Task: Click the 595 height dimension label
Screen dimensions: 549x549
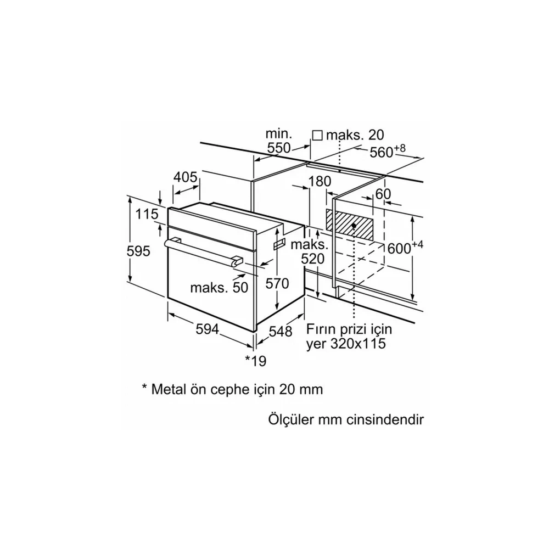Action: (x=138, y=251)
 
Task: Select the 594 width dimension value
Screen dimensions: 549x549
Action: (x=208, y=329)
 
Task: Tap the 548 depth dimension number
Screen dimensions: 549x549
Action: (x=280, y=331)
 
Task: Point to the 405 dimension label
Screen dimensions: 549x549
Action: (x=186, y=177)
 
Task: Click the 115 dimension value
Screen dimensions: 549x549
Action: (x=147, y=214)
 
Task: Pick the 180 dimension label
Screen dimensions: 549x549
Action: (x=320, y=181)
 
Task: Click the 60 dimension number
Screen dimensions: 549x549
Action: (x=383, y=194)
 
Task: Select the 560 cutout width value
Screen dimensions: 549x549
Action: (x=382, y=152)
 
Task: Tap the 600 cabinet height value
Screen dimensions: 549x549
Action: (x=400, y=249)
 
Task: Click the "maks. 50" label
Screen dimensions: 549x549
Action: (x=219, y=288)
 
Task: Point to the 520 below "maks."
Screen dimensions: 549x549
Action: (x=313, y=259)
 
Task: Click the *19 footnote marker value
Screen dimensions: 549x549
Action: (x=256, y=361)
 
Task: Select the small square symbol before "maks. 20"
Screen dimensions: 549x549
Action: (x=317, y=135)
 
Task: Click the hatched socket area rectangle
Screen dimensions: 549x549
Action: (x=349, y=225)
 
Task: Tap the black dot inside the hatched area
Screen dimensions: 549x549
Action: (x=354, y=226)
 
